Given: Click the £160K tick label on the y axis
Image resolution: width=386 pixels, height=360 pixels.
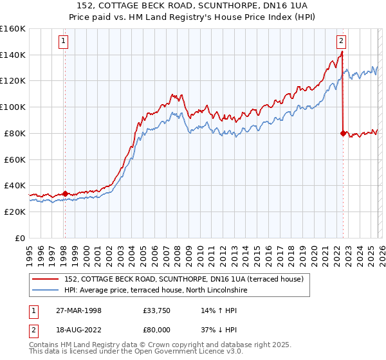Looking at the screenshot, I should click(x=13, y=29).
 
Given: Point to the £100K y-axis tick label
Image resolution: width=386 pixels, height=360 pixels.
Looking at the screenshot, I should click(x=13, y=107).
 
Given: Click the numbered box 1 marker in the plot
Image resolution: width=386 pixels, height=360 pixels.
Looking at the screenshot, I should click(x=64, y=42).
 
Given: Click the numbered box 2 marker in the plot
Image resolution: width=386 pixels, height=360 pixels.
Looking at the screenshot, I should click(x=341, y=42).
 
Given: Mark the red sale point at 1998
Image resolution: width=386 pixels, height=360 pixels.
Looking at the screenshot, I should click(x=65, y=193).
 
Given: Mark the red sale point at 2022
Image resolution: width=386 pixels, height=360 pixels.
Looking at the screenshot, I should click(x=342, y=133).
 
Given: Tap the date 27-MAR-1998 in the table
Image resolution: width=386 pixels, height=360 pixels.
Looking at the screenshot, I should click(x=79, y=310).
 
